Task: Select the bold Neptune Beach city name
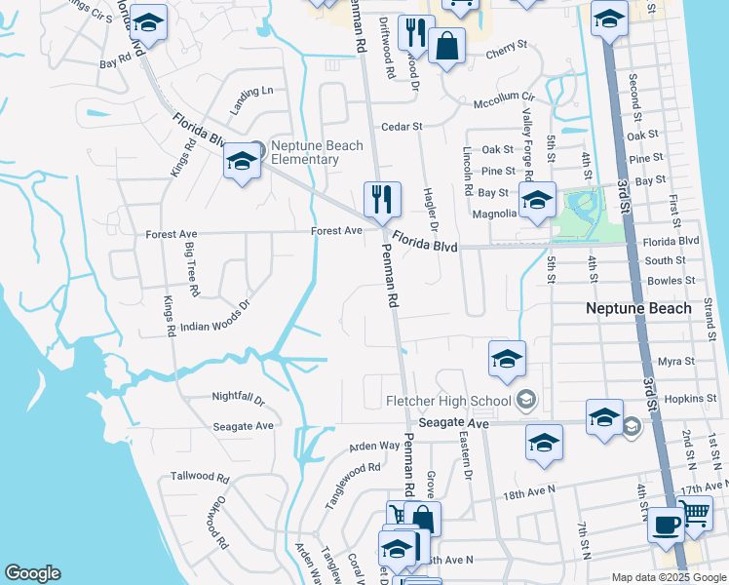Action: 642,308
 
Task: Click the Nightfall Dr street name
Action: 239,398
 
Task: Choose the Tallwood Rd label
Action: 200,477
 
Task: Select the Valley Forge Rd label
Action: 526,142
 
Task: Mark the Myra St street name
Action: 675,361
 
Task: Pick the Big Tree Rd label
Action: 191,269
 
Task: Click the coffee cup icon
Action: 667,524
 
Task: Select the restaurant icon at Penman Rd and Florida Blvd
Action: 382,199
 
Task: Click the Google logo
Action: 32,573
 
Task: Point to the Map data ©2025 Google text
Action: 668,577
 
